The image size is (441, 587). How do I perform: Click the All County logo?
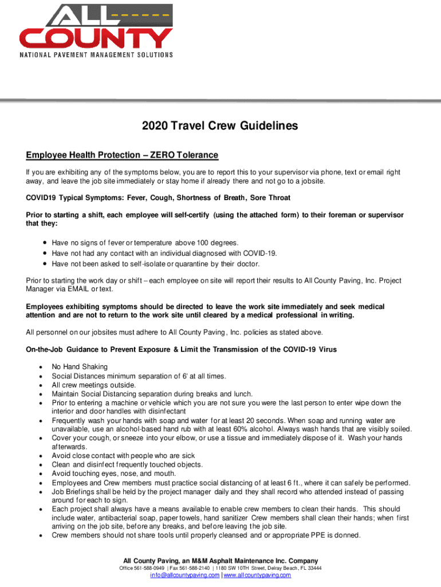coord(96,27)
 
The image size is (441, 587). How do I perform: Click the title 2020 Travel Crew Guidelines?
coord(220,126)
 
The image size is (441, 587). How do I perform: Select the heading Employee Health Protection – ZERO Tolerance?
coord(122,155)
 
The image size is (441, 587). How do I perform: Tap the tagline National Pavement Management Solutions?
coord(96,55)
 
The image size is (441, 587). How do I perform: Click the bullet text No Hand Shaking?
coord(80,367)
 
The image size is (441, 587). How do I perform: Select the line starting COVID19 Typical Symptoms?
coord(158,197)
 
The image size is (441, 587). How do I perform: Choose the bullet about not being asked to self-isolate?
coord(156,264)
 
